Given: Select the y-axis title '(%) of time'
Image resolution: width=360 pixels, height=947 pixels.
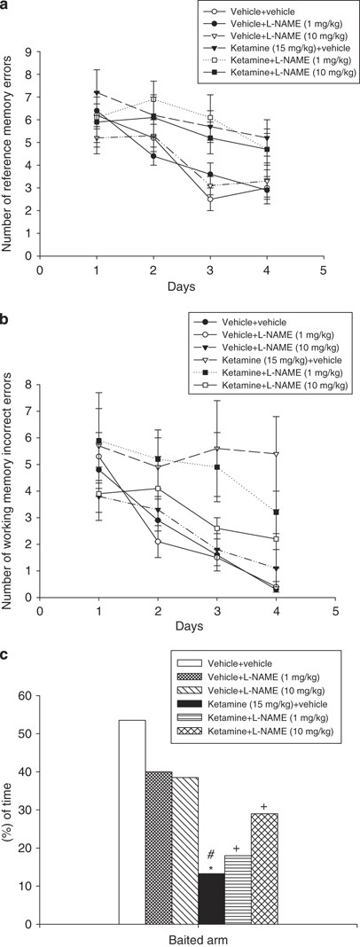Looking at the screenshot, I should pos(8,811).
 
